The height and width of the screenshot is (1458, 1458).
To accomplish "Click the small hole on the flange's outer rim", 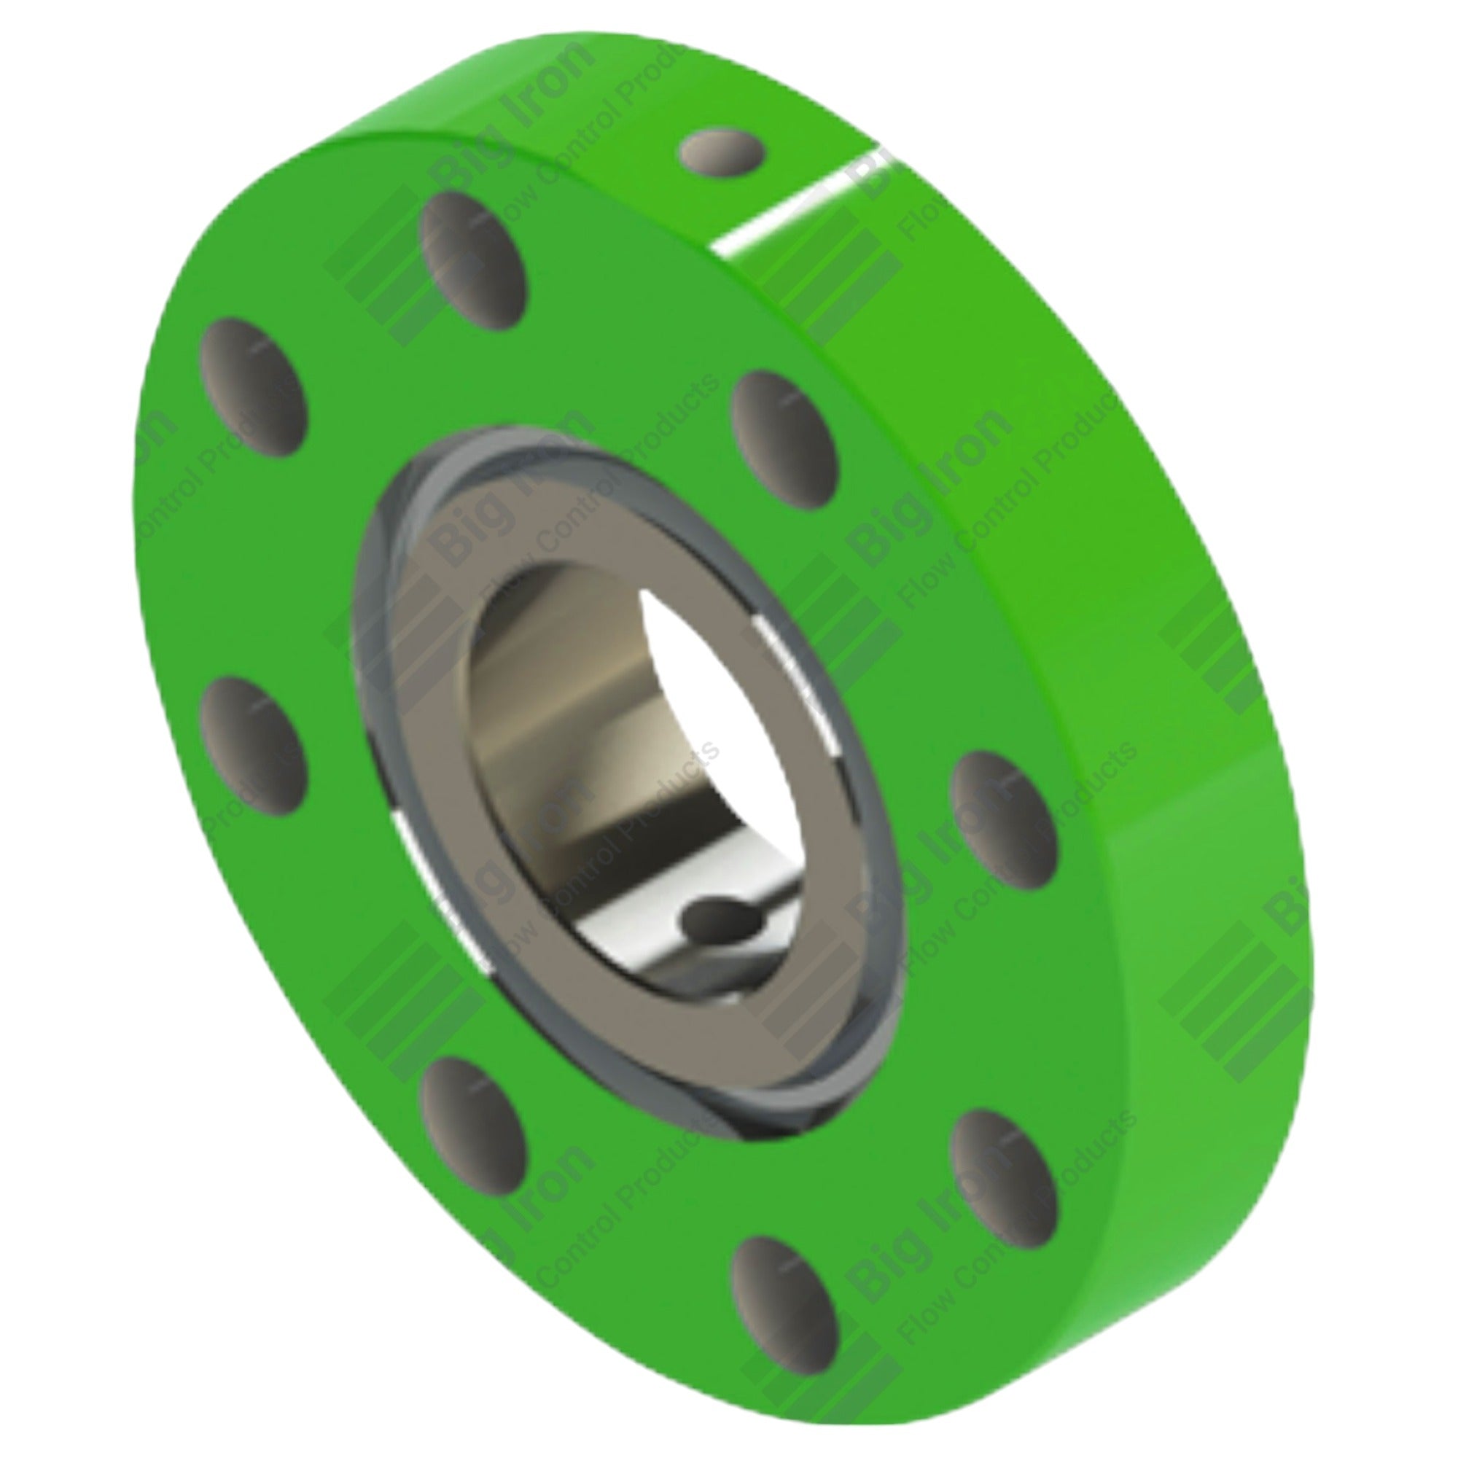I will (x=722, y=152).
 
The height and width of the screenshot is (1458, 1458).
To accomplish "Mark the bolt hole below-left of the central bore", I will (x=474, y=1120).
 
